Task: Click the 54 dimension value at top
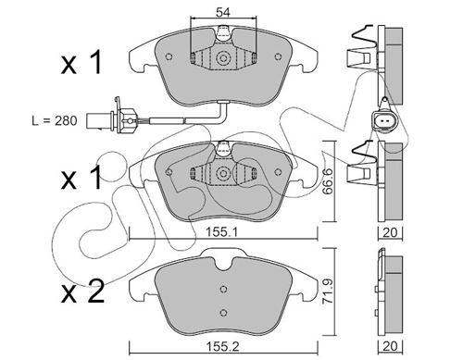point(223,12)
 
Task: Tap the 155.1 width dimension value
point(221,232)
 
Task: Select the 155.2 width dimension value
point(222,346)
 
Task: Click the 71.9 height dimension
point(327,291)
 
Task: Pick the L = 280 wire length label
point(55,120)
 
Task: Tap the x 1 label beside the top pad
point(81,64)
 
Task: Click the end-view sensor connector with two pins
point(384,122)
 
